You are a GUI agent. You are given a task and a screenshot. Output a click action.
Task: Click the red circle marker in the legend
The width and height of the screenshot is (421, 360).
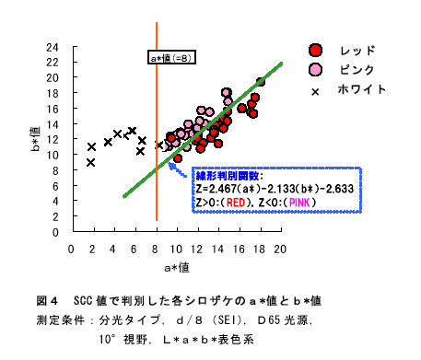pos(316,50)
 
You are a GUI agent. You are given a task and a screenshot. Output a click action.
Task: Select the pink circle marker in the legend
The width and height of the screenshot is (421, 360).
pos(316,70)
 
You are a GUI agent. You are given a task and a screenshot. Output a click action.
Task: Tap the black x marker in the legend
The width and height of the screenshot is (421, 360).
pos(316,91)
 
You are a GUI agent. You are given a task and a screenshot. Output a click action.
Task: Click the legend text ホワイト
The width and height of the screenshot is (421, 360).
pos(362,90)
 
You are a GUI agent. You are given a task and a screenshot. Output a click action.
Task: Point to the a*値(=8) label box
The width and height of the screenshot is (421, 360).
pos(171,58)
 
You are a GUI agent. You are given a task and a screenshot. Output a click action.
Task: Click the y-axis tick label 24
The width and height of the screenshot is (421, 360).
pos(53,47)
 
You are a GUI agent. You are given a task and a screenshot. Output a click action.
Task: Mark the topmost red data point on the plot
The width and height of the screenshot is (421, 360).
pos(261,82)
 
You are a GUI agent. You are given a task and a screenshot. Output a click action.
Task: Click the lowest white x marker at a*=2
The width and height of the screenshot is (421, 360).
pos(91,162)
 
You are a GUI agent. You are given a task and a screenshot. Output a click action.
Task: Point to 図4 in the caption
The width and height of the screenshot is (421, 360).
pos(47,301)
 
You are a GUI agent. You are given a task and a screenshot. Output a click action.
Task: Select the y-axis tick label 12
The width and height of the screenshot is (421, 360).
pos(53,140)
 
